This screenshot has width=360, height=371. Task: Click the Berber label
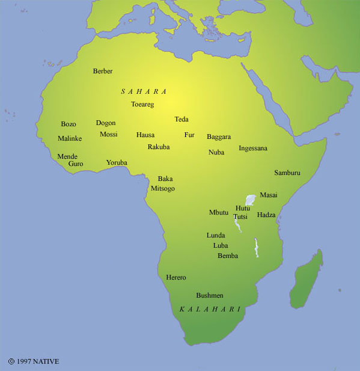click(x=103, y=72)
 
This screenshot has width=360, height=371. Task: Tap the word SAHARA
click(x=144, y=91)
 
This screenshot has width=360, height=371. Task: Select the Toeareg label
click(x=142, y=105)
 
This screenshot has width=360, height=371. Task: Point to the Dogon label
click(x=106, y=123)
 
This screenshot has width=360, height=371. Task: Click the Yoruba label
click(x=117, y=162)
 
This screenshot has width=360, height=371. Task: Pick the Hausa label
click(x=145, y=135)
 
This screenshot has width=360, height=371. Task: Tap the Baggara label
click(x=219, y=137)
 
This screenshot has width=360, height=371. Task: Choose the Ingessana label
click(x=253, y=149)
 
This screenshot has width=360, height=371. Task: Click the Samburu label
click(x=287, y=173)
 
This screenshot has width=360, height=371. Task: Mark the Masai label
click(x=269, y=195)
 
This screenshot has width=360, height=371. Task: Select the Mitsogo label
click(x=163, y=189)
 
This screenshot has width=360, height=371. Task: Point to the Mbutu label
click(x=219, y=213)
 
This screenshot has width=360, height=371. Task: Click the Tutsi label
click(x=240, y=216)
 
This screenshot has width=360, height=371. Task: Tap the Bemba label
click(x=228, y=256)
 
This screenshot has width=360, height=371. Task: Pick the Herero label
click(x=176, y=278)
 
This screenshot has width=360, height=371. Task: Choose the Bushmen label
click(x=210, y=296)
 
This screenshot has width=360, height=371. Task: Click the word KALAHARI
click(x=210, y=309)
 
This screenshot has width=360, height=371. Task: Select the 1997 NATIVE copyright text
click(x=34, y=361)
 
